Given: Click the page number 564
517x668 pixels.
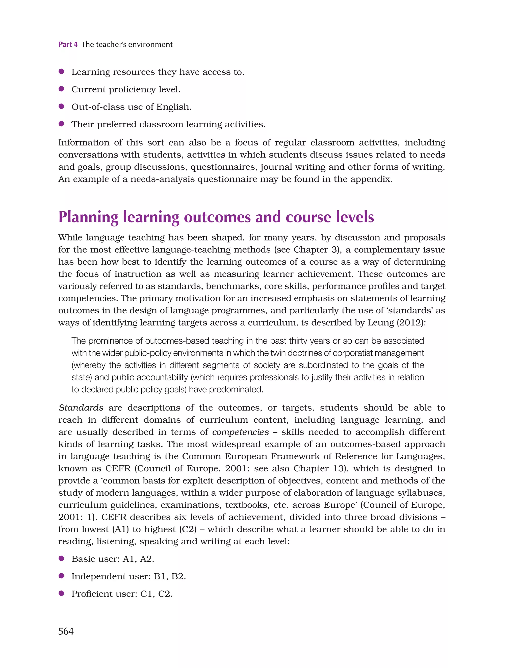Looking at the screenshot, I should (x=66, y=631).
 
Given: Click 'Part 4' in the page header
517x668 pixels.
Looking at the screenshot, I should (x=68, y=44).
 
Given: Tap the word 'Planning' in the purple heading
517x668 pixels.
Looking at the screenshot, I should (x=88, y=217).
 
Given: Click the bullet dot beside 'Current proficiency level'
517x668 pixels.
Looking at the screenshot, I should (x=61, y=89).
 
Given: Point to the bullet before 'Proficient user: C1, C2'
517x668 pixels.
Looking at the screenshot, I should (x=61, y=593).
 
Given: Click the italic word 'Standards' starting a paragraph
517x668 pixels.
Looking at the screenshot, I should (x=81, y=408).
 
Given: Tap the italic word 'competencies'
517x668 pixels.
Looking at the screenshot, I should (x=241, y=432).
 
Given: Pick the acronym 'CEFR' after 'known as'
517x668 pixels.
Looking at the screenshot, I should (x=118, y=469).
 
